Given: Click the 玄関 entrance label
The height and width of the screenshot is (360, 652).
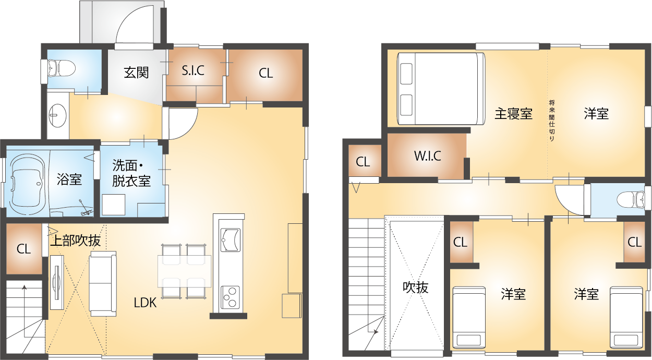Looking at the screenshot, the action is (136, 73).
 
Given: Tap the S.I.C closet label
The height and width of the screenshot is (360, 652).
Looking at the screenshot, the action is (193, 70).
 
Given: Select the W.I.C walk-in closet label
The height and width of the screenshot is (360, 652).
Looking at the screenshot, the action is (428, 156).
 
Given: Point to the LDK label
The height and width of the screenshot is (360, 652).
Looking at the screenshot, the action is (145, 303).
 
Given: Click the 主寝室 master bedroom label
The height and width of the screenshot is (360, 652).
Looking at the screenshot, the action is (513, 114).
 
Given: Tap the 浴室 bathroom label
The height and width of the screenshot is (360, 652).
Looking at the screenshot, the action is (69, 179).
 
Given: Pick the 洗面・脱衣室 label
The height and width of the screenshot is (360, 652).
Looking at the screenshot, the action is (131, 174).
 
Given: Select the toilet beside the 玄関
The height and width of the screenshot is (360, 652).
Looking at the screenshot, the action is (61, 68).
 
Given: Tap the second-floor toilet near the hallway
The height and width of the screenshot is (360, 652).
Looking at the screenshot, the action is (630, 200).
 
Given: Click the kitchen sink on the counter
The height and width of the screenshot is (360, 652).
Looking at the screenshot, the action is (231, 239).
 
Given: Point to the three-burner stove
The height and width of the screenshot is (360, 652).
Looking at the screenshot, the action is (230, 297).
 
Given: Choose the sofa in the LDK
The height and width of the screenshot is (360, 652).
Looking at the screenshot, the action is (103, 284).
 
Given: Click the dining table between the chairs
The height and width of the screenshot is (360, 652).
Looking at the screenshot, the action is (185, 271).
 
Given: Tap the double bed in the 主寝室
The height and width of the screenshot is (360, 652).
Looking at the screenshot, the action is (441, 89).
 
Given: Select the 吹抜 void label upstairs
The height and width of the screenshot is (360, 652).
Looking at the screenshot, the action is (416, 287).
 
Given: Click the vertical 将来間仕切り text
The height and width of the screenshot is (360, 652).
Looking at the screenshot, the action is (551, 121).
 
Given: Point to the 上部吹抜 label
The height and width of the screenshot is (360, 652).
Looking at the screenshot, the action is (76, 241).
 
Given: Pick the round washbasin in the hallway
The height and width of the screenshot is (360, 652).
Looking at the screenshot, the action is (58, 116).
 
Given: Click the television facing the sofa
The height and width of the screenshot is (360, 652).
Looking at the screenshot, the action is (57, 282).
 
